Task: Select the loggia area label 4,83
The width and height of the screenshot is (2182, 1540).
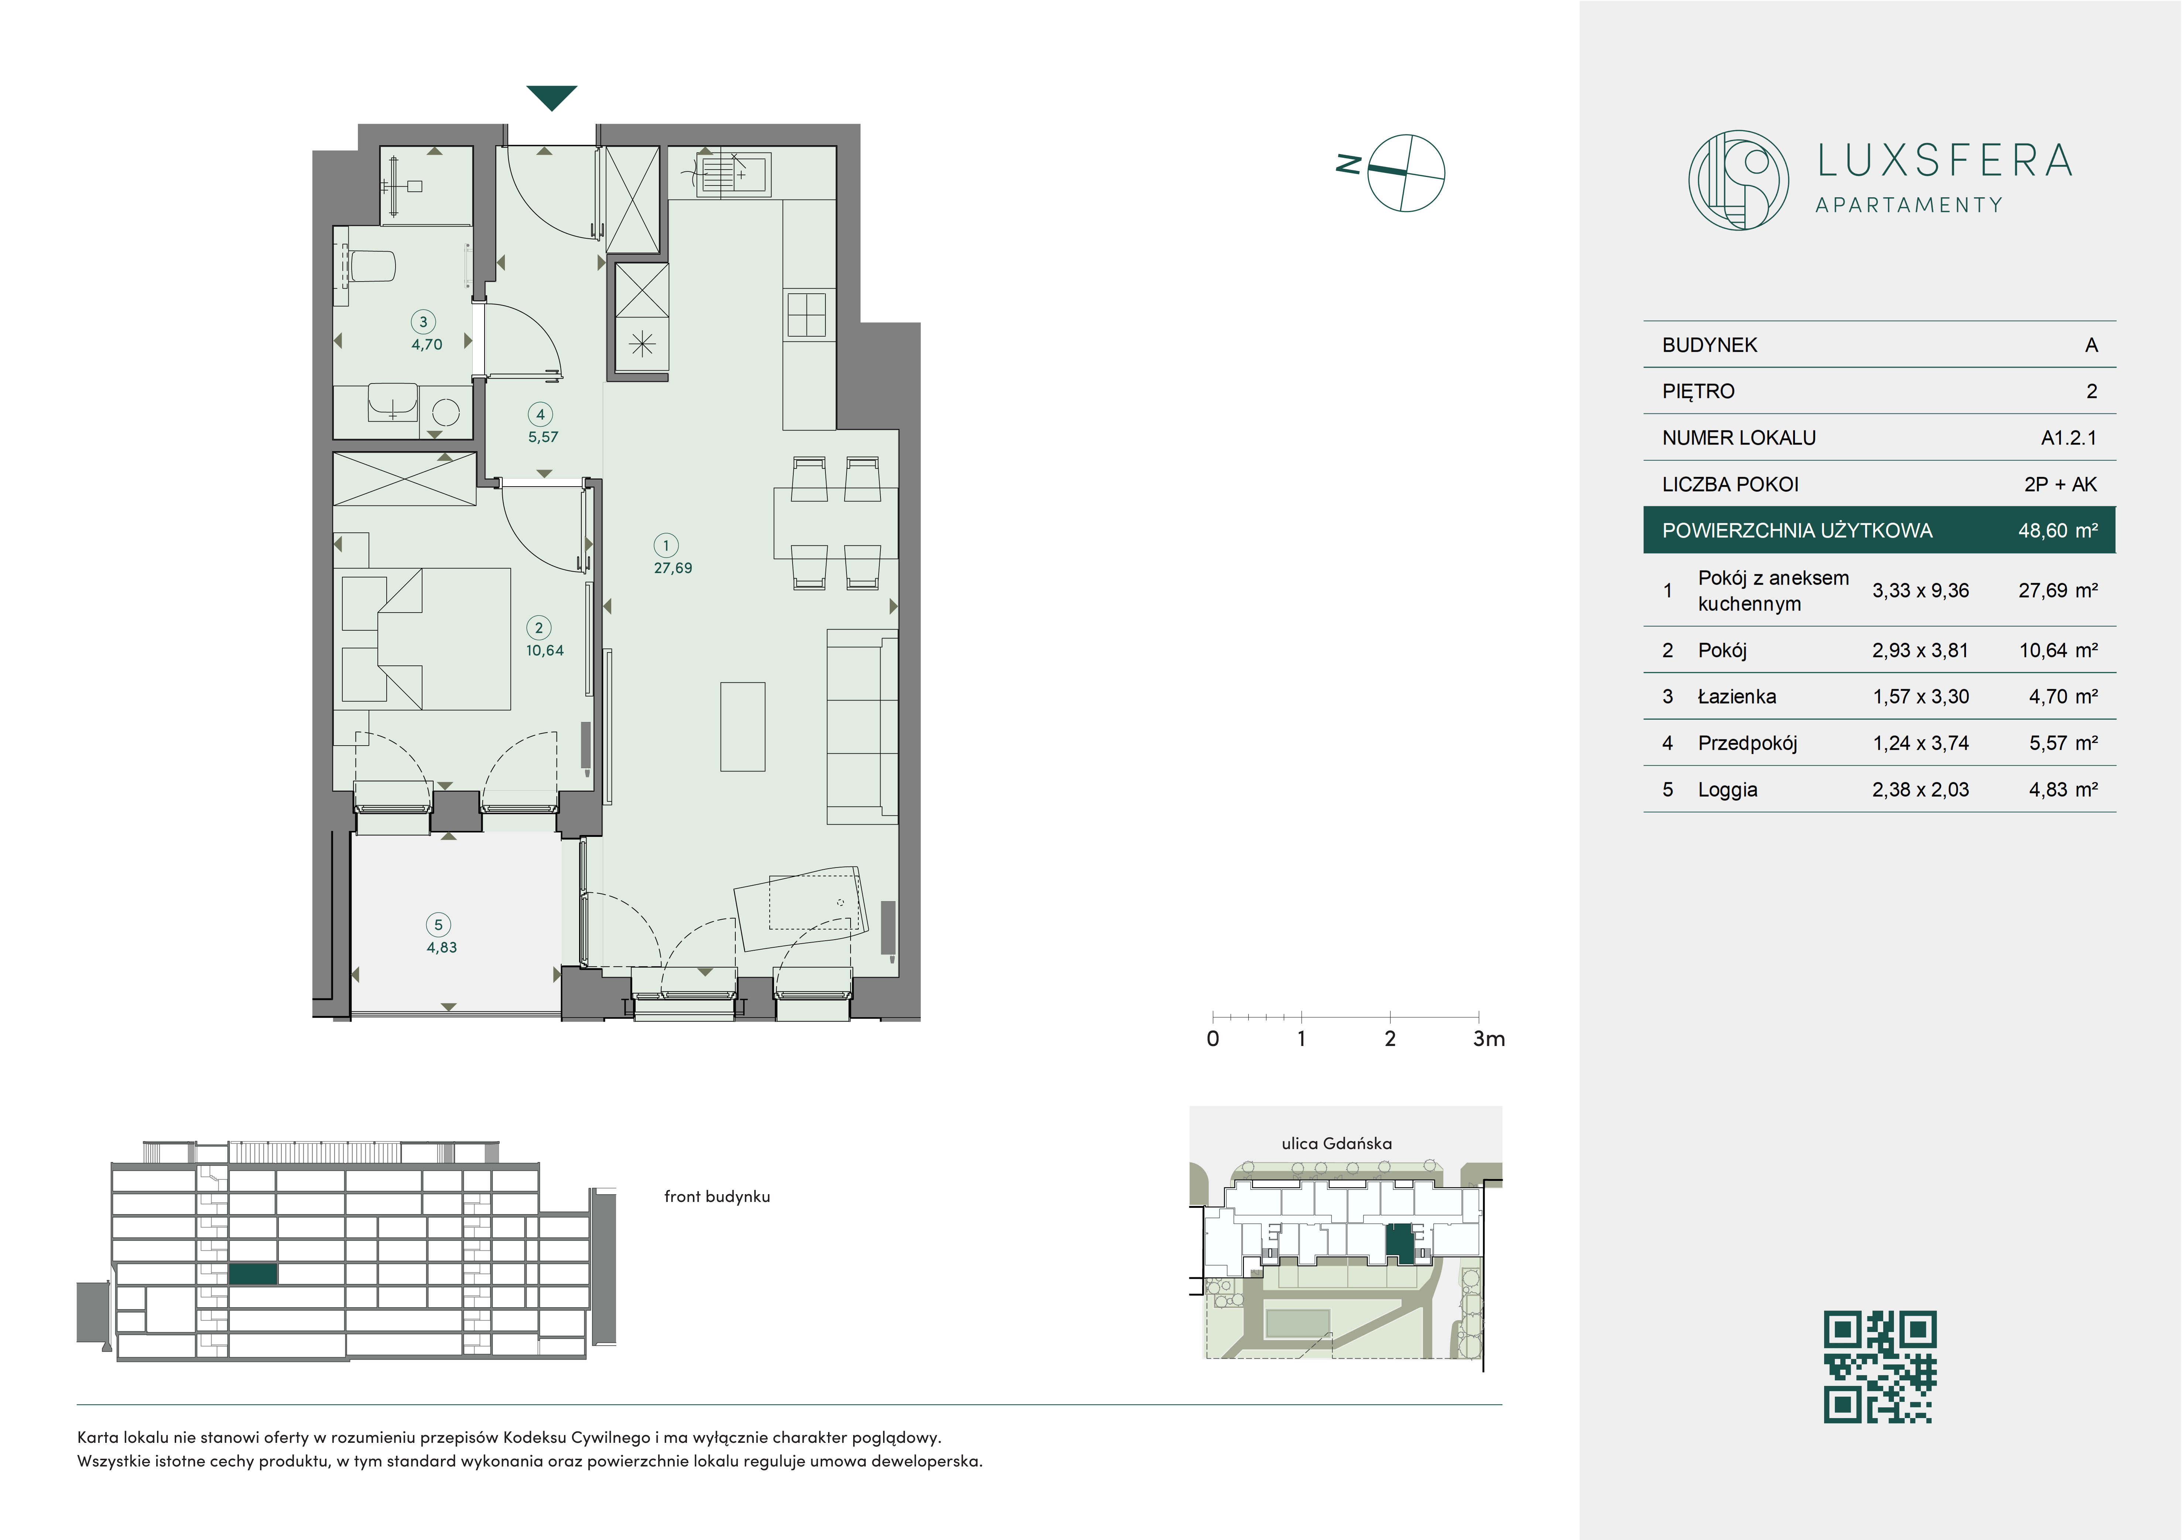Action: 442,948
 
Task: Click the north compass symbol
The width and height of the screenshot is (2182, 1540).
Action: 1406,172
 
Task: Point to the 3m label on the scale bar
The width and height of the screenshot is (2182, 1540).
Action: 1488,1039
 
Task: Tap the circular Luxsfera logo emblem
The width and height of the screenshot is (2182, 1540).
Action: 1738,180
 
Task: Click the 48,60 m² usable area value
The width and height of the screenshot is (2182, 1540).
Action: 2058,531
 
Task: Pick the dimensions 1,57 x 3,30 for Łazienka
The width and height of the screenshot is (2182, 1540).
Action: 1921,697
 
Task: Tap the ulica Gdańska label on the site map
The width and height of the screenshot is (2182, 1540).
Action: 1336,1144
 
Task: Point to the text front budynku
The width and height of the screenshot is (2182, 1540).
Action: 716,1197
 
